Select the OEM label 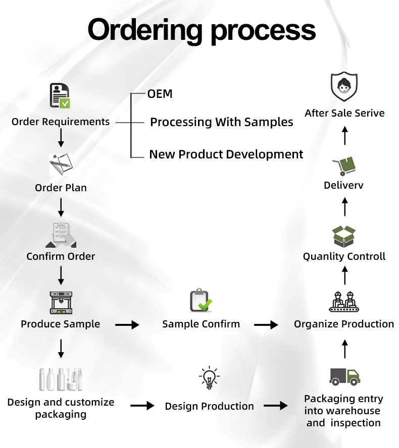160,94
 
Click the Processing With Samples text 222,122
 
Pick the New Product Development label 226,154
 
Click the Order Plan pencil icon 61,165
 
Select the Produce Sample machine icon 61,303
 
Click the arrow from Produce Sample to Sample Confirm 127,325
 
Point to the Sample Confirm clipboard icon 201,301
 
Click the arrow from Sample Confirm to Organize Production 266,325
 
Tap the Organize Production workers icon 344,302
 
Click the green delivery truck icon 344,376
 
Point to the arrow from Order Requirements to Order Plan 61,137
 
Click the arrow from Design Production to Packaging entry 276,406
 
